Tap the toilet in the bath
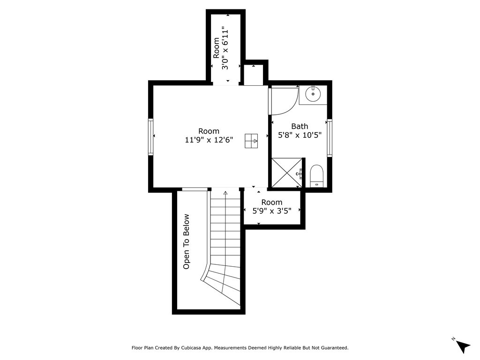coord(316,176)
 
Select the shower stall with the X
coord(287,172)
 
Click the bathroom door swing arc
coord(291,105)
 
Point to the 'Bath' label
coord(300,126)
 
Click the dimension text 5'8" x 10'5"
coord(300,135)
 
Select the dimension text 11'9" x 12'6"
coord(209,140)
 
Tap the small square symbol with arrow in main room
coord(251,141)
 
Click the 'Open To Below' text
coord(186,241)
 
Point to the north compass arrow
coord(463,346)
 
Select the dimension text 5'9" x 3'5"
coord(272,211)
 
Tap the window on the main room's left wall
coord(150,137)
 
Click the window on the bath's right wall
coord(330,138)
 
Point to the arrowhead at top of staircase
coord(225,193)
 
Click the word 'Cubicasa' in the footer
coord(191,348)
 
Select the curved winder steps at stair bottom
coord(222,283)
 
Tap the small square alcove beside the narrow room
coord(253,75)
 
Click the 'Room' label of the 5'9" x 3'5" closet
coord(272,202)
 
